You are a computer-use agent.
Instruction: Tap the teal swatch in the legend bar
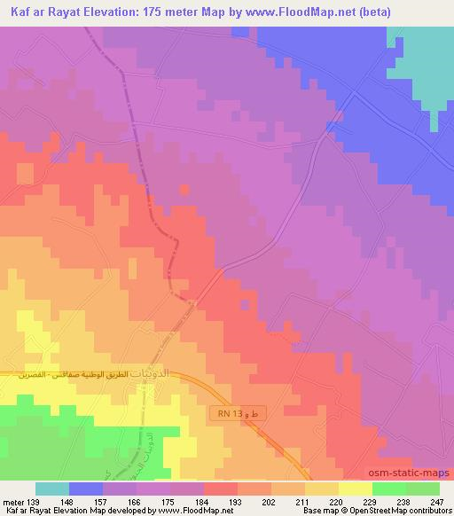pyautogui.click(x=52, y=489)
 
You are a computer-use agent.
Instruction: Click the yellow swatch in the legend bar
pyautogui.click(x=355, y=489)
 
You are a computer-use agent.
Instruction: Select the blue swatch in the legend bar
pyautogui.click(x=86, y=489)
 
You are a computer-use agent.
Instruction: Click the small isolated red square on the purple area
pyautogui.click(x=184, y=189)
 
